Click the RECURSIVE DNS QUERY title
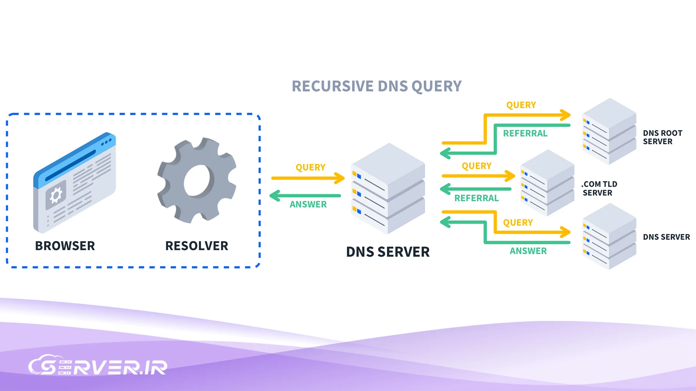click(x=376, y=86)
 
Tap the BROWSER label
click(x=65, y=246)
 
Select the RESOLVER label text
click(x=197, y=246)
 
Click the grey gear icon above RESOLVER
click(x=197, y=181)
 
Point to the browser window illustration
click(x=75, y=182)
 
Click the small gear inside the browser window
click(x=56, y=195)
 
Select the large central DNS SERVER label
click(x=388, y=252)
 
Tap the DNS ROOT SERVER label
click(x=662, y=137)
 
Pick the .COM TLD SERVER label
click(x=599, y=188)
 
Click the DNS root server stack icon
click(x=609, y=131)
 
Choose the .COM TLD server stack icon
click(x=547, y=182)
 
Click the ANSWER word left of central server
click(x=308, y=205)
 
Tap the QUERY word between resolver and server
click(x=310, y=167)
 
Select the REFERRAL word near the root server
click(x=525, y=134)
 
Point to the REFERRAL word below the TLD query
click(x=477, y=198)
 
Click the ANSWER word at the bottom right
click(x=528, y=251)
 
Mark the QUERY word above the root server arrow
click(x=521, y=105)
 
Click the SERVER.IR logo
click(x=98, y=366)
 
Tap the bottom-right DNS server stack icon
click(x=609, y=237)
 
